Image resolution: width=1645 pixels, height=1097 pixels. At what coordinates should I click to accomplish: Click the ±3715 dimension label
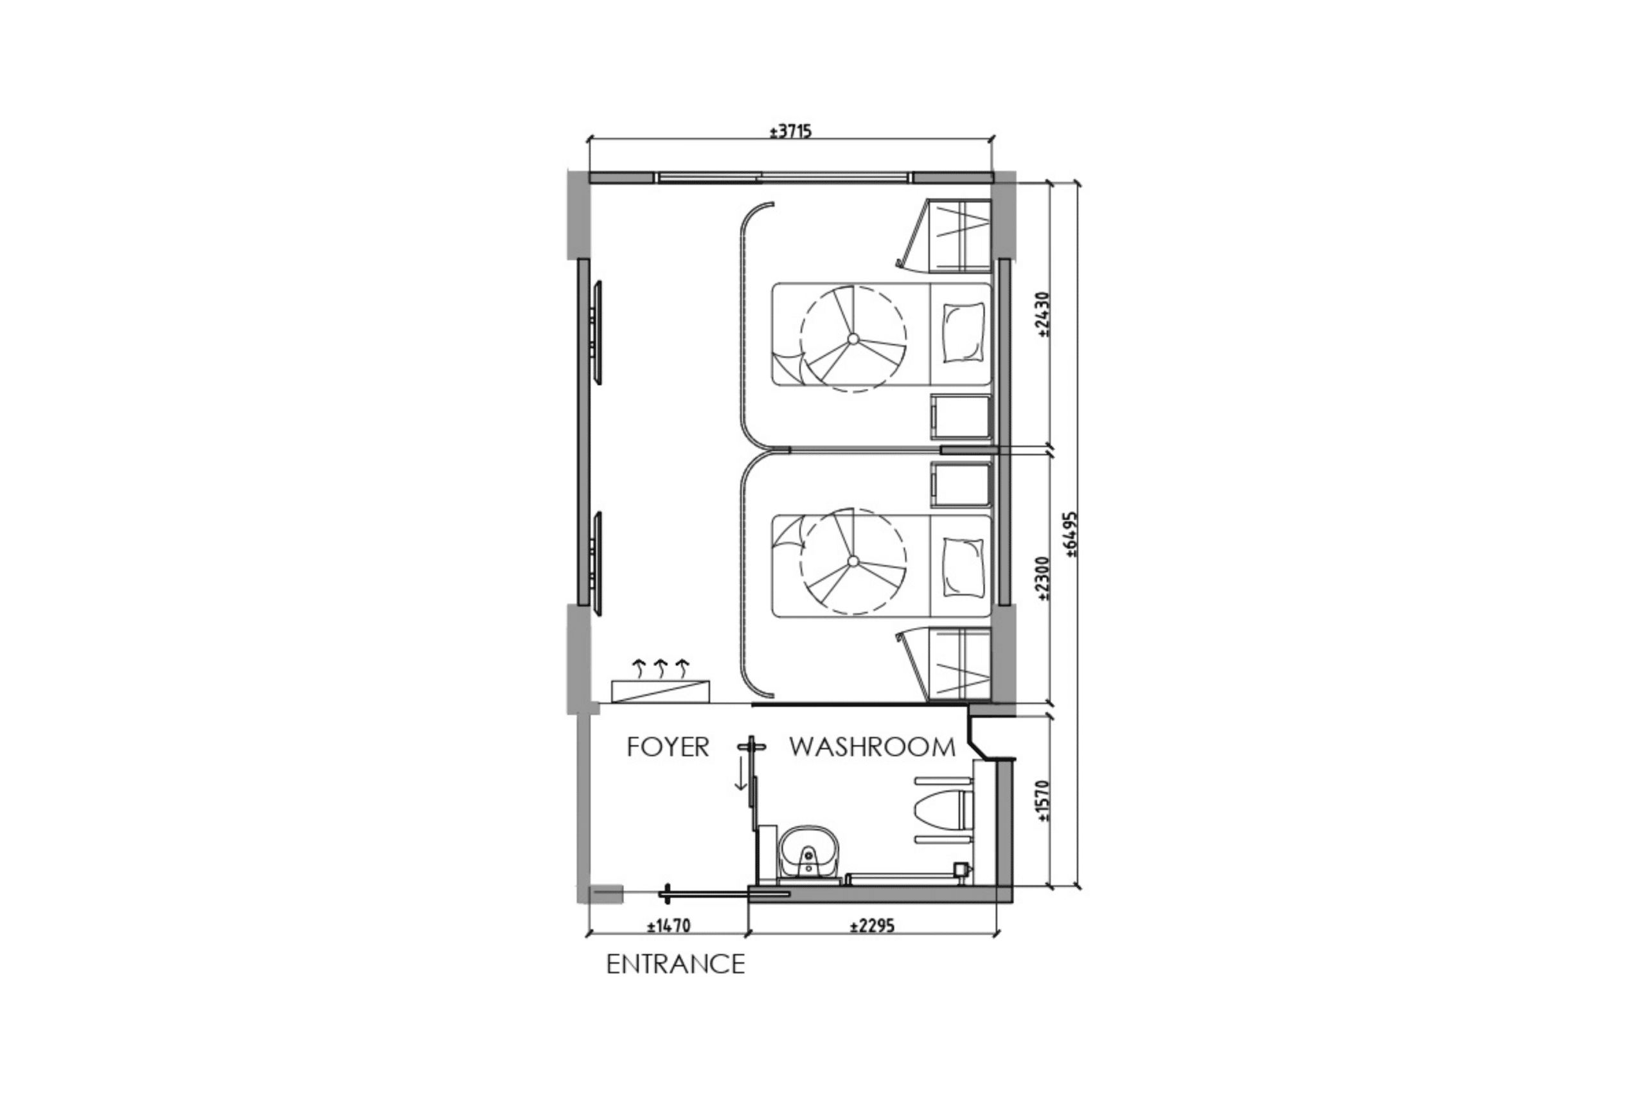pos(790,132)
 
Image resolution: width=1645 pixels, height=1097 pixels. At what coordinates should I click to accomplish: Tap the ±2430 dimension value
pos(1044,315)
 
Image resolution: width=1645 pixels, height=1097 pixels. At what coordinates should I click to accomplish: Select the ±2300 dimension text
pos(1044,579)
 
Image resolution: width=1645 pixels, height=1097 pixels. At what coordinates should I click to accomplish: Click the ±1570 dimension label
pos(1044,801)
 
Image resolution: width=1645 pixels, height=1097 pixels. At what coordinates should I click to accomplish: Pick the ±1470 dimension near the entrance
pos(669,926)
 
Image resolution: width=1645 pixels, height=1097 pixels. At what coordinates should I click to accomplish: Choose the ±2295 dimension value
pos(872,926)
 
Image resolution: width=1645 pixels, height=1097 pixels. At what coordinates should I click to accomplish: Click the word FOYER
pos(668,747)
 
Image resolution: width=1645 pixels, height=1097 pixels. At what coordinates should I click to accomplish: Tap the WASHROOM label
pos(872,747)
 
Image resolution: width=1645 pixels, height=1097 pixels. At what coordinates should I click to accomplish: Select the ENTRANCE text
pos(675,965)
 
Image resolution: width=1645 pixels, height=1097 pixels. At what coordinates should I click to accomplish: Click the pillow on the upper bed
pos(964,332)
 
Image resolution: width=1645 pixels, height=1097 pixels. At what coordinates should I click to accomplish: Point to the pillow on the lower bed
pos(964,567)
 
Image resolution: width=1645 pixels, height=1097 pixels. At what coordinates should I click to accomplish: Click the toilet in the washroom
pos(941,811)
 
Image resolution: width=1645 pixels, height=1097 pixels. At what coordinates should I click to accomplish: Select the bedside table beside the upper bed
pos(960,417)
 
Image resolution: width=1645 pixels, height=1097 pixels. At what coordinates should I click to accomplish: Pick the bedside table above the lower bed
pos(960,484)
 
